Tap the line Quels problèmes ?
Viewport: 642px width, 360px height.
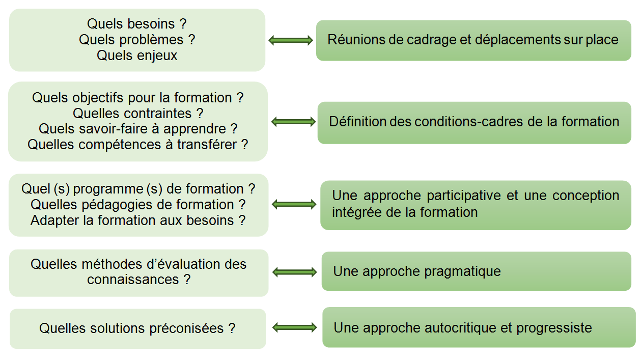coord(137,40)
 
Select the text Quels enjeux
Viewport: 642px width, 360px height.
coord(137,56)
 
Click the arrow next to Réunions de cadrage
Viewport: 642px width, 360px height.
coord(291,40)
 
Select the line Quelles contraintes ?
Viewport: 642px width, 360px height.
coord(138,114)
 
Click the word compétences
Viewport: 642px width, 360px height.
coord(120,145)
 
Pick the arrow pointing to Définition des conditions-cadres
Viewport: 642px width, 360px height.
coord(293,122)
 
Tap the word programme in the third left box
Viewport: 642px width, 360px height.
coord(108,189)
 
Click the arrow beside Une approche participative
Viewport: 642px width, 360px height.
coord(294,204)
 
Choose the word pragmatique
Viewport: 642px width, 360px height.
coord(462,272)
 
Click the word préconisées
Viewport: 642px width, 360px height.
coord(186,328)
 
